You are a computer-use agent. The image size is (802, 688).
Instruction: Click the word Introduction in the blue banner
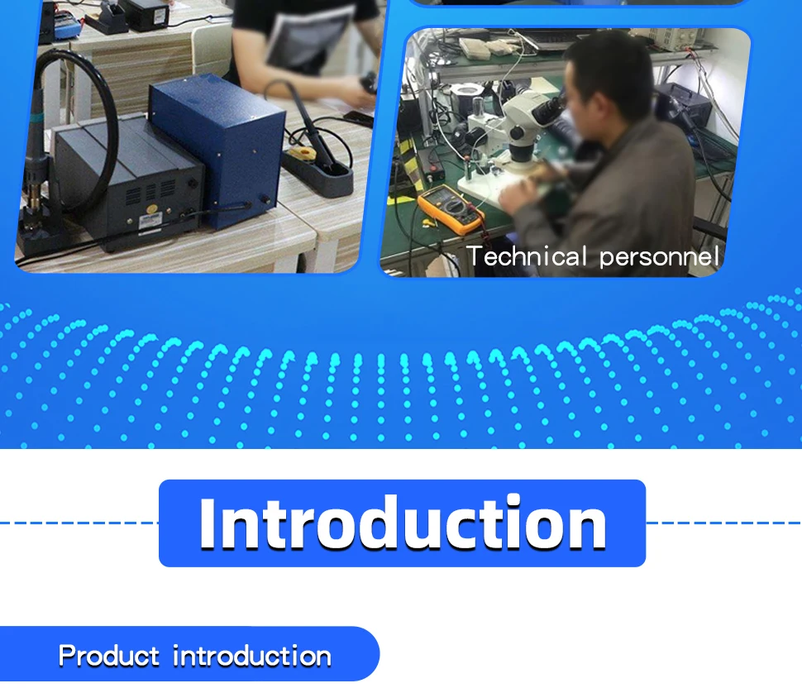tap(403, 523)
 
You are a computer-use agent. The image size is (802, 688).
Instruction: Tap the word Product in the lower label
tap(109, 656)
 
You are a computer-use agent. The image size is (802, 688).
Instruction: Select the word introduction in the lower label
tap(252, 656)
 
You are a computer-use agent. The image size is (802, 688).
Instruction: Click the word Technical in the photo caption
tap(527, 256)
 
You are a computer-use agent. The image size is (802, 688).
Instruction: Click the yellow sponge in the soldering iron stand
tap(299, 154)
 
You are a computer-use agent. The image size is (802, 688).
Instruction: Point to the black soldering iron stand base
tap(318, 173)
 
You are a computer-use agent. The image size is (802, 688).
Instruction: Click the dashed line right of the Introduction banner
tap(723, 523)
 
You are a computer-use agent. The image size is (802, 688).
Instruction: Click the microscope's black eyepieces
tap(547, 108)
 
